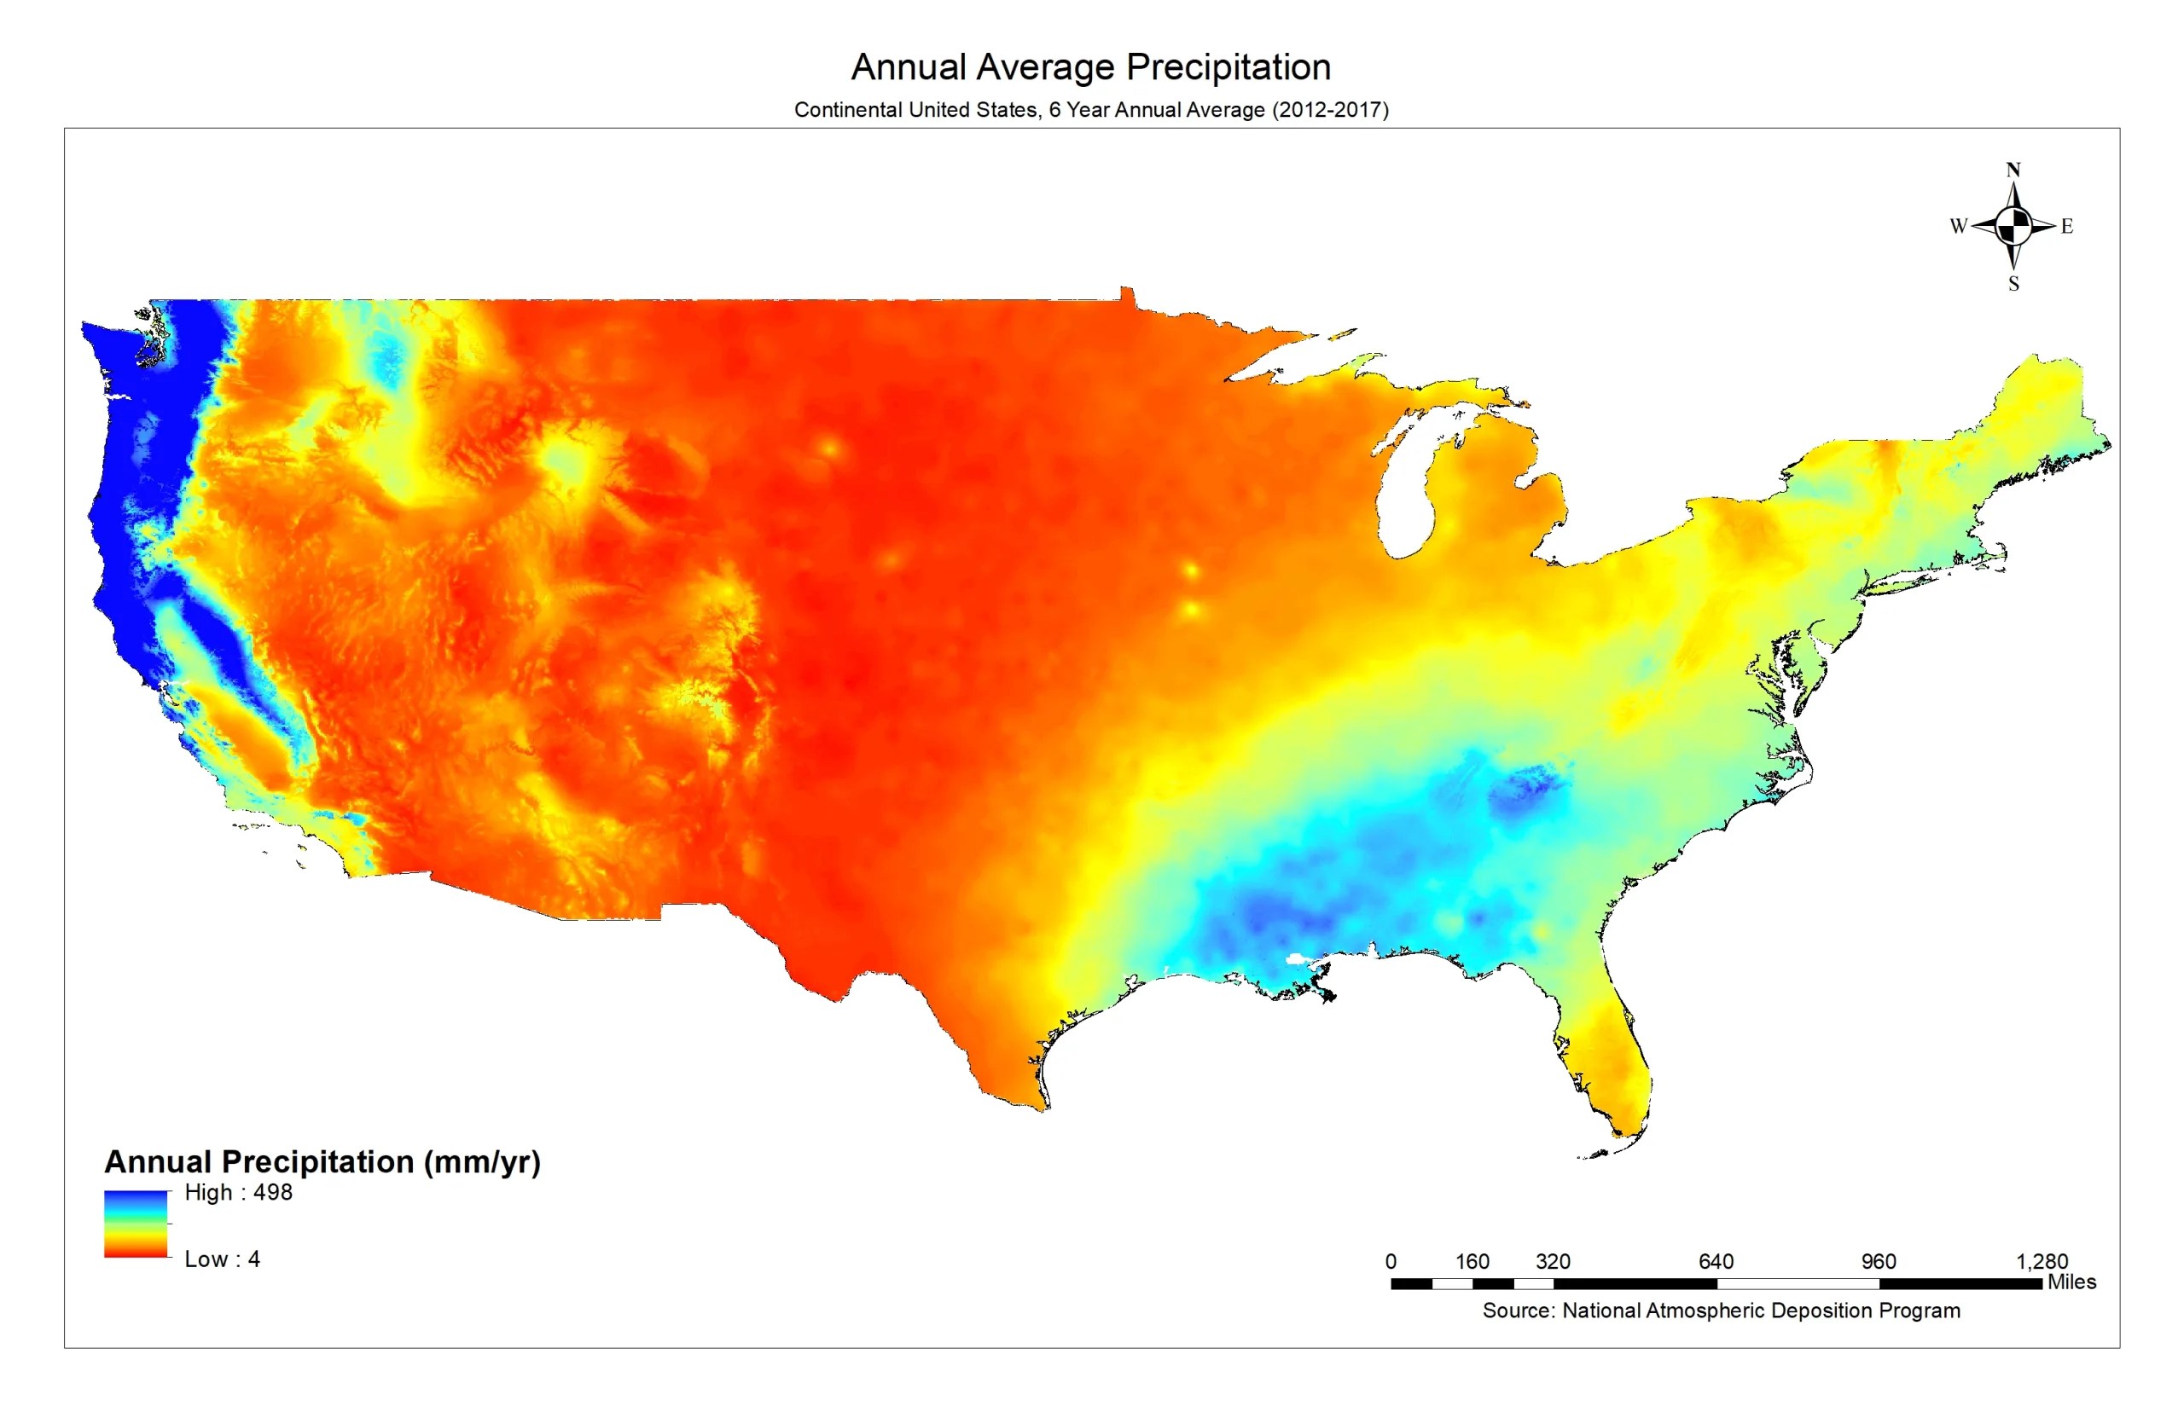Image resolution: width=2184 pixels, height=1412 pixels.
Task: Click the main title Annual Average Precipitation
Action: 1090,67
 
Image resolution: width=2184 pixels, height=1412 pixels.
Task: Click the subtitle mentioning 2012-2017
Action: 1090,110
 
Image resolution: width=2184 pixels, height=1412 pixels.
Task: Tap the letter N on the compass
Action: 2013,170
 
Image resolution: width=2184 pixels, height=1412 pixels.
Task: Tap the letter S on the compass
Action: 2013,284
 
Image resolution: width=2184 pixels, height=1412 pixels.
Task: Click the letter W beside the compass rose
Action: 1957,226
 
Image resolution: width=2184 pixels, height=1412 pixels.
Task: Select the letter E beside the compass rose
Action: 2066,226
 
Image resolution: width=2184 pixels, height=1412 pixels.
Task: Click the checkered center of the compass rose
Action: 2013,226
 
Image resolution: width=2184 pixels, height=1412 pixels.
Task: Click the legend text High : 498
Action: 239,1192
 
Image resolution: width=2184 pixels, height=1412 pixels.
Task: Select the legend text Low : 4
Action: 222,1259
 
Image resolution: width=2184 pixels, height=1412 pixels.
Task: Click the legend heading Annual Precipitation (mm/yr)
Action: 322,1161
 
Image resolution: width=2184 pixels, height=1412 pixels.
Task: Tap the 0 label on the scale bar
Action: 1391,1262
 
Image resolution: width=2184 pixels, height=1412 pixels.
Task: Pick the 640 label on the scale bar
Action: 1716,1262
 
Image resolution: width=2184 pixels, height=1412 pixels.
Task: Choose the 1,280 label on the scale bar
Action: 2041,1262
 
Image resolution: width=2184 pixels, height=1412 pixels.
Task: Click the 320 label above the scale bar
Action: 1553,1262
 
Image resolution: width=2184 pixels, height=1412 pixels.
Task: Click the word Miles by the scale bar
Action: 2071,1282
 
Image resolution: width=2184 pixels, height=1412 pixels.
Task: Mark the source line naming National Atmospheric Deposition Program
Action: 1721,1311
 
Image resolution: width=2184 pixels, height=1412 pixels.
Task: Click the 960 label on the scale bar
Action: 1878,1262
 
